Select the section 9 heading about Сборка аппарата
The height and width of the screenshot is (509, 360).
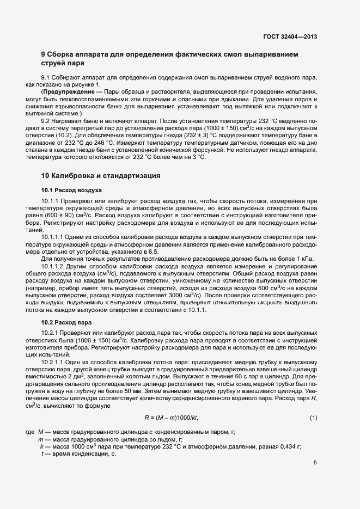(x=170, y=58)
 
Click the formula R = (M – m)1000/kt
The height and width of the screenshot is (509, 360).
(x=171, y=418)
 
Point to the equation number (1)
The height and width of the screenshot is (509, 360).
(x=313, y=418)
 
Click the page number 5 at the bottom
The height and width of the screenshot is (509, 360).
(x=315, y=463)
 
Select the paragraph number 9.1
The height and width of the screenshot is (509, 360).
(x=46, y=78)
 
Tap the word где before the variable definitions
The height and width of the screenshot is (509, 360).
(x=30, y=432)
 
